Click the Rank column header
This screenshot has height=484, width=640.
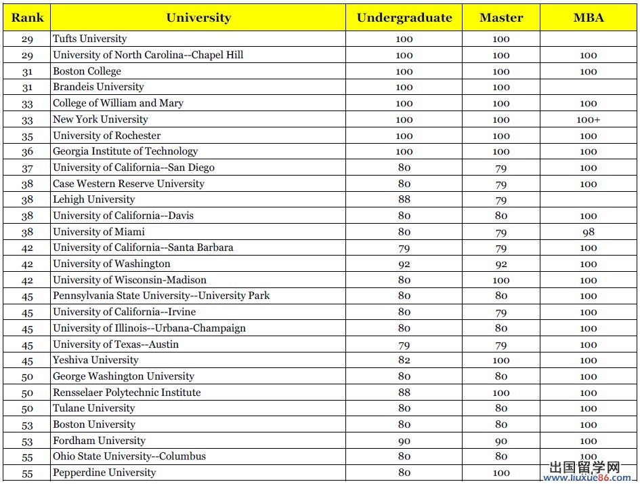(27, 18)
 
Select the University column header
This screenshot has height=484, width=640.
(198, 18)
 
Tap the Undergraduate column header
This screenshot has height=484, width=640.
(404, 18)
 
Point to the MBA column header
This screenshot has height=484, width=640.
(588, 18)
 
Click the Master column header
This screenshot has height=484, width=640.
(501, 18)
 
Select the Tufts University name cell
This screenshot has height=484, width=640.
(90, 39)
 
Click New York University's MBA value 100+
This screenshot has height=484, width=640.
(589, 120)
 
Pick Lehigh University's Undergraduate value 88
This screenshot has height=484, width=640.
(404, 200)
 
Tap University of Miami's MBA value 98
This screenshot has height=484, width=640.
(589, 232)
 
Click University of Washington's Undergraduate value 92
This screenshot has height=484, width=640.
(404, 264)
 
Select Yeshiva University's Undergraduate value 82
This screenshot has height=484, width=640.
(404, 361)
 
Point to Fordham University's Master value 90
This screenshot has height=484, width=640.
(501, 441)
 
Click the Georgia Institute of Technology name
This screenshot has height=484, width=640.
(125, 151)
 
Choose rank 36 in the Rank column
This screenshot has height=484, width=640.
(27, 152)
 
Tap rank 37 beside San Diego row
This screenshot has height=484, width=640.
(27, 168)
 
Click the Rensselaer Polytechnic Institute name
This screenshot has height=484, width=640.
(127, 392)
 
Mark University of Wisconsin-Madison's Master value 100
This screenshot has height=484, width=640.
(501, 280)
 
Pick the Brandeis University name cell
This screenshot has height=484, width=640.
(98, 87)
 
